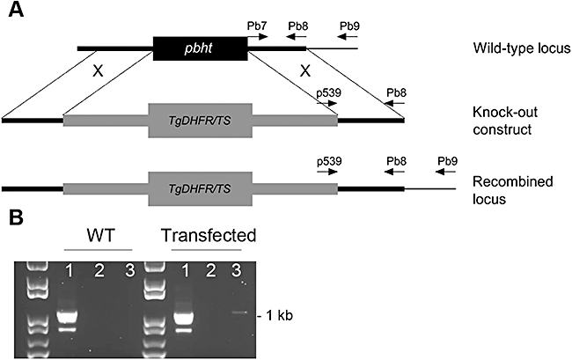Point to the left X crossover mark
coord(98,72)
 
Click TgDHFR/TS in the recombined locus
coord(201,188)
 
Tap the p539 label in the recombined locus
coord(328,162)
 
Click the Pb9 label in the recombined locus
coord(448,162)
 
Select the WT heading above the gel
coord(97,236)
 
